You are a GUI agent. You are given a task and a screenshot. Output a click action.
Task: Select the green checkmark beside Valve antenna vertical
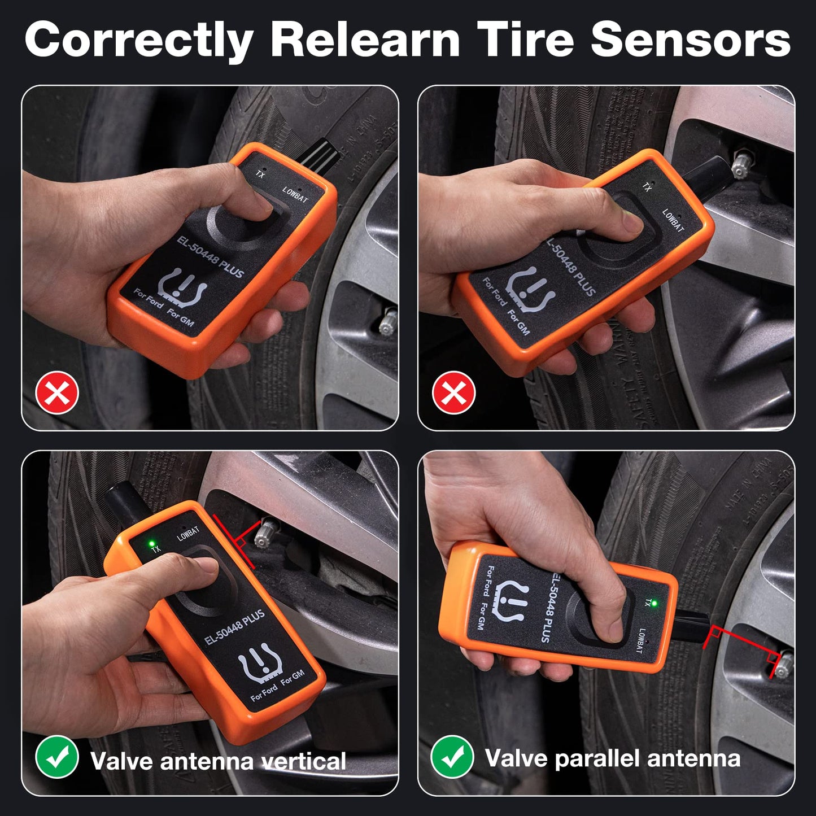click(57, 757)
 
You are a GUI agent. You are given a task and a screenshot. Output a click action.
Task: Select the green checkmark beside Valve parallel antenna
click(452, 757)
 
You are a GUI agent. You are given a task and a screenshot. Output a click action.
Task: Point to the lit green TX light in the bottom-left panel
click(151, 544)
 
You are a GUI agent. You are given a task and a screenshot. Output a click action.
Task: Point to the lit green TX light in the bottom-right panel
click(654, 604)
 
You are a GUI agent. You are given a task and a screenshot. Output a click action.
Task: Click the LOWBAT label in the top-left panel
click(295, 195)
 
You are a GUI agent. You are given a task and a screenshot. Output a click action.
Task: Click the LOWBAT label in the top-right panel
click(673, 220)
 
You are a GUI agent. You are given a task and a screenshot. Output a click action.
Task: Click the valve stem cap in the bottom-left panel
click(265, 534)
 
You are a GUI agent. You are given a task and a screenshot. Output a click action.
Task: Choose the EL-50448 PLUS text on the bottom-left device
click(234, 627)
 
